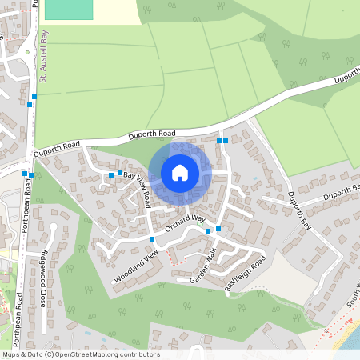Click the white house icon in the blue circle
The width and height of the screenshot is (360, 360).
[x=180, y=173]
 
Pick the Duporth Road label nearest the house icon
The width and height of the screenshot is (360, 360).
[x=156, y=133]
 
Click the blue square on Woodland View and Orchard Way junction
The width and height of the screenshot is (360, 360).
[x=151, y=238]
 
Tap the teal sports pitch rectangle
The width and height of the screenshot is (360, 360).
[x=69, y=10]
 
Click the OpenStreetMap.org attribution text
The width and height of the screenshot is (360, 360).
[x=106, y=354]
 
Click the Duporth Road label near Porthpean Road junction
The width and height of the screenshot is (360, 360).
[x=58, y=149]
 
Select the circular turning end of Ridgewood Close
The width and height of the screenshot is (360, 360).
[x=53, y=226]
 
